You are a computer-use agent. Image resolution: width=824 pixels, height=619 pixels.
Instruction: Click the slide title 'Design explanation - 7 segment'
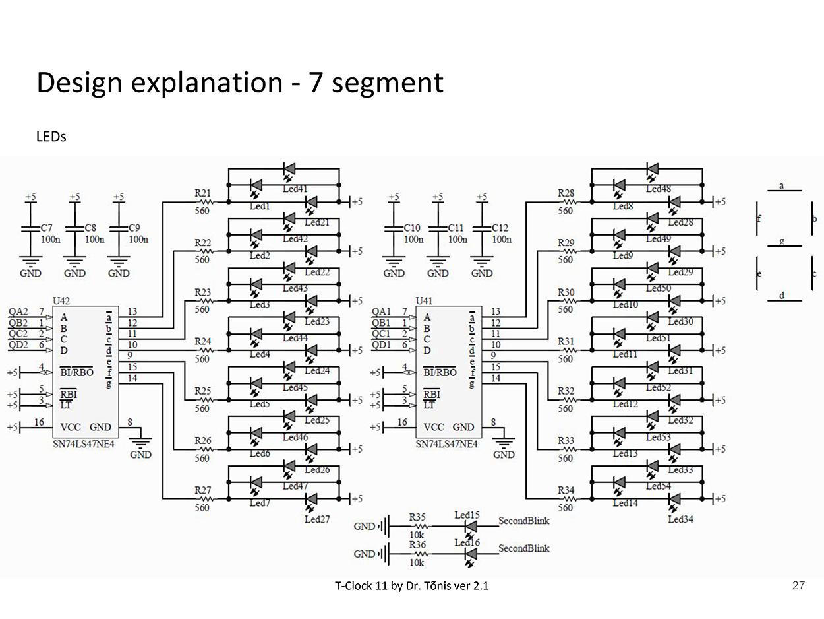coord(240,83)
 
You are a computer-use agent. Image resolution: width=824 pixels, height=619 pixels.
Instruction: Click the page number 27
coord(798,585)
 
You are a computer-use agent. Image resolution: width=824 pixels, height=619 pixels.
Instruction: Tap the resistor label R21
coord(203,193)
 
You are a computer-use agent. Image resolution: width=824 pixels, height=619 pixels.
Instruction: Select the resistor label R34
coord(566,490)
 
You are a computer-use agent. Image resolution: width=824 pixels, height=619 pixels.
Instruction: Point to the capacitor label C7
coord(47,228)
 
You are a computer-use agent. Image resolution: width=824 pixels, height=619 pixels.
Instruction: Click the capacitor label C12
coord(500,228)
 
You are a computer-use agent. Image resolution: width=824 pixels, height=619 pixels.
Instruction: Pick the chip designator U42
coord(61,301)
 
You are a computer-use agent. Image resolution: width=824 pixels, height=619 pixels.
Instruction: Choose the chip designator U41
coord(425,301)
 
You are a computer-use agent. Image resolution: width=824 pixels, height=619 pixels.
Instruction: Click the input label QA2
coord(18,311)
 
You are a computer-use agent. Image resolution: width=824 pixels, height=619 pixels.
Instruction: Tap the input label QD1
coord(382,345)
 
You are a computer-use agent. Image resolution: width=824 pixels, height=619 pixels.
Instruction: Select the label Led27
coord(317,519)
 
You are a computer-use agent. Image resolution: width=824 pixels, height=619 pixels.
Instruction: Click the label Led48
coord(658,189)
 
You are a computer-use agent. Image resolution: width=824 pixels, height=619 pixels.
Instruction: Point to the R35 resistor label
coord(417,517)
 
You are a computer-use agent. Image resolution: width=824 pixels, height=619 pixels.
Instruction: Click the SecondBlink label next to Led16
coord(523,548)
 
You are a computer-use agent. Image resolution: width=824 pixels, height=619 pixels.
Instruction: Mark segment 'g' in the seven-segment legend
coord(782,241)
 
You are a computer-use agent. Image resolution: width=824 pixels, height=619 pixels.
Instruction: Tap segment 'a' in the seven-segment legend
coord(782,185)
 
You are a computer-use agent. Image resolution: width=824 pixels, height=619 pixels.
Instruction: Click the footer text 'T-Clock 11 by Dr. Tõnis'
coord(411,585)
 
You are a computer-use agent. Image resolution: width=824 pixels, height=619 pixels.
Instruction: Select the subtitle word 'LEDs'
coord(51,137)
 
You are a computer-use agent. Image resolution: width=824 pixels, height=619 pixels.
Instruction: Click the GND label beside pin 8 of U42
coord(140,455)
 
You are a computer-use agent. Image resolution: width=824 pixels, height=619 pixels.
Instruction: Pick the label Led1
coord(260,206)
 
